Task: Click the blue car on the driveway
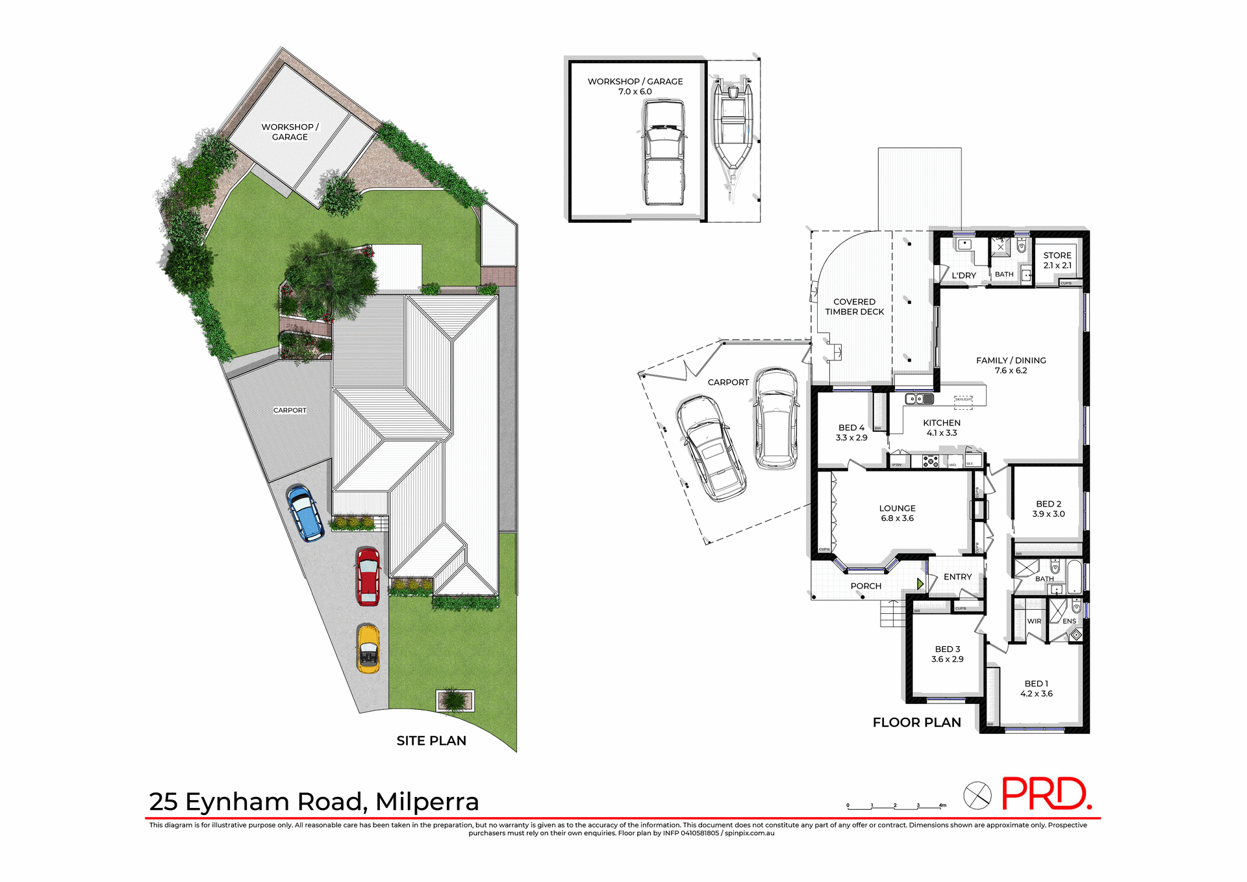(305, 513)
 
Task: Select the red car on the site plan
(368, 576)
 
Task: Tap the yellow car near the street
(368, 649)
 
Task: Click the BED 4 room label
(851, 433)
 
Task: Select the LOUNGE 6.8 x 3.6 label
(897, 513)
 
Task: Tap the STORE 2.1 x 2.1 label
(1057, 260)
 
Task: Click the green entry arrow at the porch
(920, 584)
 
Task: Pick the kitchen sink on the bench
(919, 399)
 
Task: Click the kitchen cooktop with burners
(930, 462)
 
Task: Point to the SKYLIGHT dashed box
(963, 402)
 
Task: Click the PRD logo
(1046, 794)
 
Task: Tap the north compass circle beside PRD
(977, 795)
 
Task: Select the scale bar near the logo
(896, 807)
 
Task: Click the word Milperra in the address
(427, 801)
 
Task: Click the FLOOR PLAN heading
(916, 722)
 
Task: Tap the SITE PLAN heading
(431, 740)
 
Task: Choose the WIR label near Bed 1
(1034, 622)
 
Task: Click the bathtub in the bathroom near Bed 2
(1074, 576)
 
